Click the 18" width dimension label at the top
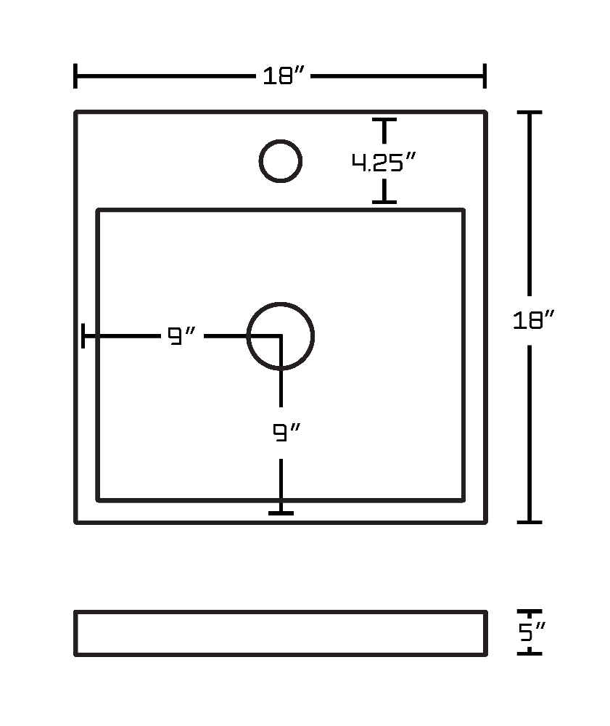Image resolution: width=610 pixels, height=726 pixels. pyautogui.click(x=284, y=76)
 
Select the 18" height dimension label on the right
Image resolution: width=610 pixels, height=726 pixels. pyautogui.click(x=533, y=320)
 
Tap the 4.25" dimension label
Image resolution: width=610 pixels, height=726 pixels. pyautogui.click(x=384, y=162)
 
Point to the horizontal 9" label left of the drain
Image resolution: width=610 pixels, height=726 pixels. pyautogui.click(x=181, y=335)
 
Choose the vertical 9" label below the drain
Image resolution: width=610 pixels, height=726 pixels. pyautogui.click(x=286, y=433)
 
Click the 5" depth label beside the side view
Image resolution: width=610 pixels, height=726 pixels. pyautogui.click(x=532, y=632)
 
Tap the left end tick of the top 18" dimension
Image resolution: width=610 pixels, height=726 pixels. pyautogui.click(x=75, y=76)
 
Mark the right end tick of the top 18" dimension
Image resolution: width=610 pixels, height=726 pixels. pyautogui.click(x=485, y=76)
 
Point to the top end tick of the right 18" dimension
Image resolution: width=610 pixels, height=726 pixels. pyautogui.click(x=529, y=112)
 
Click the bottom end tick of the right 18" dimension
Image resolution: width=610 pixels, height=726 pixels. pyautogui.click(x=529, y=522)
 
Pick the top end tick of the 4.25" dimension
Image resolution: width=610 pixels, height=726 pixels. pyautogui.click(x=384, y=120)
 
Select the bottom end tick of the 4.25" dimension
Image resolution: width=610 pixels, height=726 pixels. pyautogui.click(x=384, y=202)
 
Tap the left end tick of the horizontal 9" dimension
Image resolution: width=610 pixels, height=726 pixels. pyautogui.click(x=83, y=335)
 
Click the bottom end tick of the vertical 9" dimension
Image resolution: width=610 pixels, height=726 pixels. pyautogui.click(x=281, y=513)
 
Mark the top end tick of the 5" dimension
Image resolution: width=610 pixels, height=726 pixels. pyautogui.click(x=529, y=611)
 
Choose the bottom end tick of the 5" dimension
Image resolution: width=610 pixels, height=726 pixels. pyautogui.click(x=529, y=653)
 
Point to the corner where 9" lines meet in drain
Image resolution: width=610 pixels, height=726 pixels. pyautogui.click(x=281, y=336)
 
